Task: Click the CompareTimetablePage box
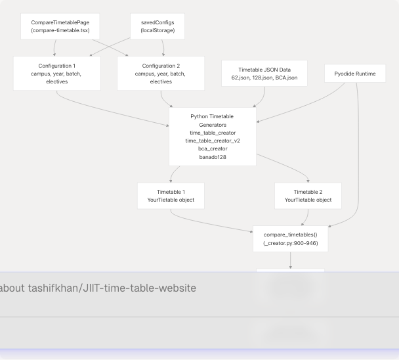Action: tap(60, 26)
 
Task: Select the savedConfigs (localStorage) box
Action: tap(157, 26)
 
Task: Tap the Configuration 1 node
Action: tap(57, 74)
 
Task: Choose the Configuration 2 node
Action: tap(161, 74)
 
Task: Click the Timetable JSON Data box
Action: tap(264, 74)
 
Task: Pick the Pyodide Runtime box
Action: tap(355, 74)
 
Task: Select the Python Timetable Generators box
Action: tap(213, 137)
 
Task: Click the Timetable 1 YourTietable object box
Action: tap(171, 196)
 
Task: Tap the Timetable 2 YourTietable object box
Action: tap(308, 196)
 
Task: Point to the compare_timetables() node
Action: tap(290, 238)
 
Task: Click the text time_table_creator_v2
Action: tap(213, 141)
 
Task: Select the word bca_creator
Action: tap(213, 148)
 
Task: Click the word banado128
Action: tap(213, 157)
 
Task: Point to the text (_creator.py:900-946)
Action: tap(290, 243)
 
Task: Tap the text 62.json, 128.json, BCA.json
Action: tap(264, 78)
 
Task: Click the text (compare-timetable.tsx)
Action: tap(60, 30)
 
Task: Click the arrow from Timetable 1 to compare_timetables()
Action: tap(210, 225)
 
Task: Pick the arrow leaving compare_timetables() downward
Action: tap(290, 260)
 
